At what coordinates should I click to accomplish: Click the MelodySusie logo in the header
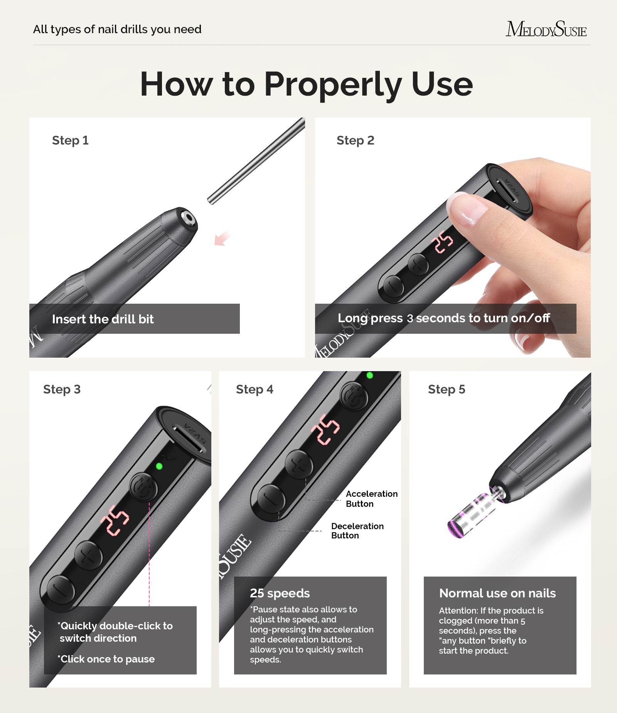point(546,29)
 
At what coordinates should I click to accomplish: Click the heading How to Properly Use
point(306,84)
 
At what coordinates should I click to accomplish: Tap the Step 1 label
point(70,140)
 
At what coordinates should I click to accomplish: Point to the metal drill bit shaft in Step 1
point(256,161)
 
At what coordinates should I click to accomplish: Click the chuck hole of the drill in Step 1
point(189,218)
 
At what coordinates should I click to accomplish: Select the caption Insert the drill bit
point(103,319)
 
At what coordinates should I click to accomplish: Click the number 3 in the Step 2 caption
point(410,319)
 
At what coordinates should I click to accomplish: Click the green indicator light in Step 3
point(159,466)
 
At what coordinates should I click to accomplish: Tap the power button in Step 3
point(143,488)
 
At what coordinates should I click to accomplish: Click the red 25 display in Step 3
point(115,520)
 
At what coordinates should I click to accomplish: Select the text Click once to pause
point(106,659)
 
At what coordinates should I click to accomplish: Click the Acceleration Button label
point(371,499)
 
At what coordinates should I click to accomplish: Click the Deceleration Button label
point(357,531)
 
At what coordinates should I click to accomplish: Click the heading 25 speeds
point(280,593)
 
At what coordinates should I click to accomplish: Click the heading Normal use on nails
point(497,593)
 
